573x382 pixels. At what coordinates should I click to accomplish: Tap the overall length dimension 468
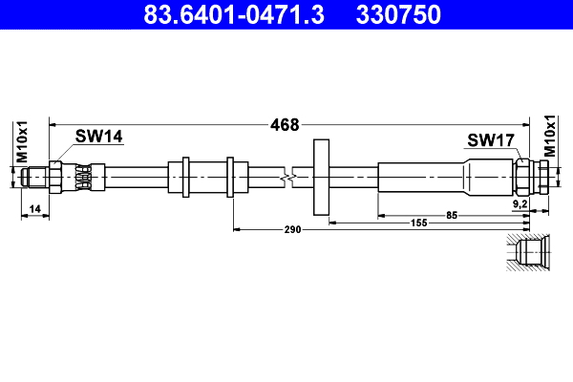pos(285,124)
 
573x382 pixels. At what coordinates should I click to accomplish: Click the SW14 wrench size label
pos(99,138)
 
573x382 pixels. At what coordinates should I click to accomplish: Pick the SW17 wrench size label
pos(491,140)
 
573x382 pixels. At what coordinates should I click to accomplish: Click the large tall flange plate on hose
pos(321,178)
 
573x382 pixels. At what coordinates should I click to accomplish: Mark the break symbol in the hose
pos(287,178)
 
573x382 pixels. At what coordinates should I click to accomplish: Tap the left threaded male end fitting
pos(36,178)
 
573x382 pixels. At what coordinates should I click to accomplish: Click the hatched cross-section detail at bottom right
pos(528,254)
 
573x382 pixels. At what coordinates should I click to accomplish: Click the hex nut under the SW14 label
pos(58,178)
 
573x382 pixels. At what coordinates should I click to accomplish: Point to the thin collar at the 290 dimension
pos(230,178)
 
